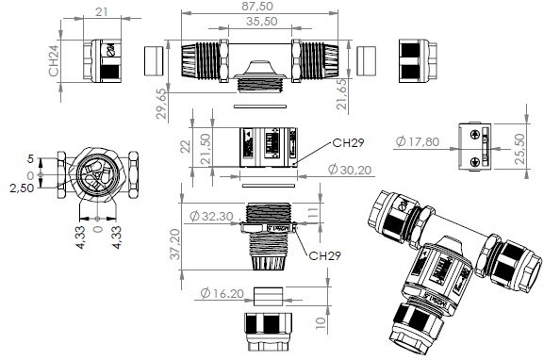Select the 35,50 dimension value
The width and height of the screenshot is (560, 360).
262,22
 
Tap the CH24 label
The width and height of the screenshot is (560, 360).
54,60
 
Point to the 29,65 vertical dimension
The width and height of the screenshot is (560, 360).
161,104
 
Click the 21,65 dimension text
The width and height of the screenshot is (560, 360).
342,94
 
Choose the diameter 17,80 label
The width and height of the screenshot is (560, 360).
418,141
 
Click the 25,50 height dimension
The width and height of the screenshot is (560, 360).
520,149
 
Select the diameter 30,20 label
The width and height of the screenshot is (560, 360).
350,170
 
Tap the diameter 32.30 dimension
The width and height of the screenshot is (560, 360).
211,216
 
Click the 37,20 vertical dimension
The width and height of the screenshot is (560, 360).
175,244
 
